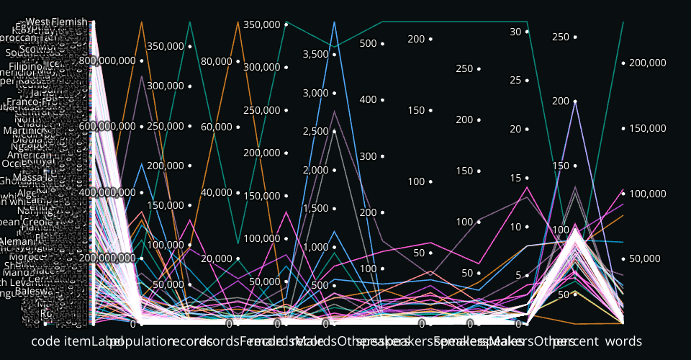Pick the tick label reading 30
[x=515, y=32]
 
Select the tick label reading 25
[x=515, y=80]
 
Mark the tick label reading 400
[x=369, y=99]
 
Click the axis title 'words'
[x=623, y=340]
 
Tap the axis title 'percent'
[x=575, y=340]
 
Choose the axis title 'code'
[x=45, y=340]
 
